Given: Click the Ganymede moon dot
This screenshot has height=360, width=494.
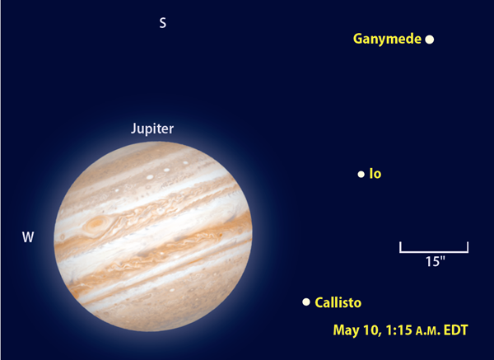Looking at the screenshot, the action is click(430, 40).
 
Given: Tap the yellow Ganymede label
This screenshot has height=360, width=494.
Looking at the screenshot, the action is click(387, 39).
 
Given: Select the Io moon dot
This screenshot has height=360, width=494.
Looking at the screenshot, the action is click(361, 174).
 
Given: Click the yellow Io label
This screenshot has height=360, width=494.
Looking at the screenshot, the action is click(375, 174).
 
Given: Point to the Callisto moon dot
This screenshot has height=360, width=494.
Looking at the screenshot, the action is click(306, 302).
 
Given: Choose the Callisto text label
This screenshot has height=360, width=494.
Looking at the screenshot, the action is click(338, 302).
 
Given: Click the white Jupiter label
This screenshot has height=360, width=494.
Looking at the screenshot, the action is click(152, 129).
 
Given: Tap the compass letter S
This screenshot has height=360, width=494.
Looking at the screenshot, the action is click(162, 23).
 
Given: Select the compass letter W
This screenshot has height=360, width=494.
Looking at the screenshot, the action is click(28, 237).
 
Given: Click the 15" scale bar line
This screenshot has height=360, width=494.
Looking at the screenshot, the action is click(434, 252).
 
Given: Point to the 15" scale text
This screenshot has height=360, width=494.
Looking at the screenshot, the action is click(436, 261).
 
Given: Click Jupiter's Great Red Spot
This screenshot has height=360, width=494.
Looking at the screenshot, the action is click(96, 224).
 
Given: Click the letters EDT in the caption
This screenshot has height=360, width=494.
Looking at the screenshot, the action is click(455, 330).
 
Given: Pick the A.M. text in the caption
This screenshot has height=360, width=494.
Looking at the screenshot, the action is click(428, 331).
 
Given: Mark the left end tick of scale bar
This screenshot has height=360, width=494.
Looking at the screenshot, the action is click(400, 247).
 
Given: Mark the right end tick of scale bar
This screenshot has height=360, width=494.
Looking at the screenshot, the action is click(468, 247).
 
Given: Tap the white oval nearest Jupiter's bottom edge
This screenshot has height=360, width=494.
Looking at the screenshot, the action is click(172, 290).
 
